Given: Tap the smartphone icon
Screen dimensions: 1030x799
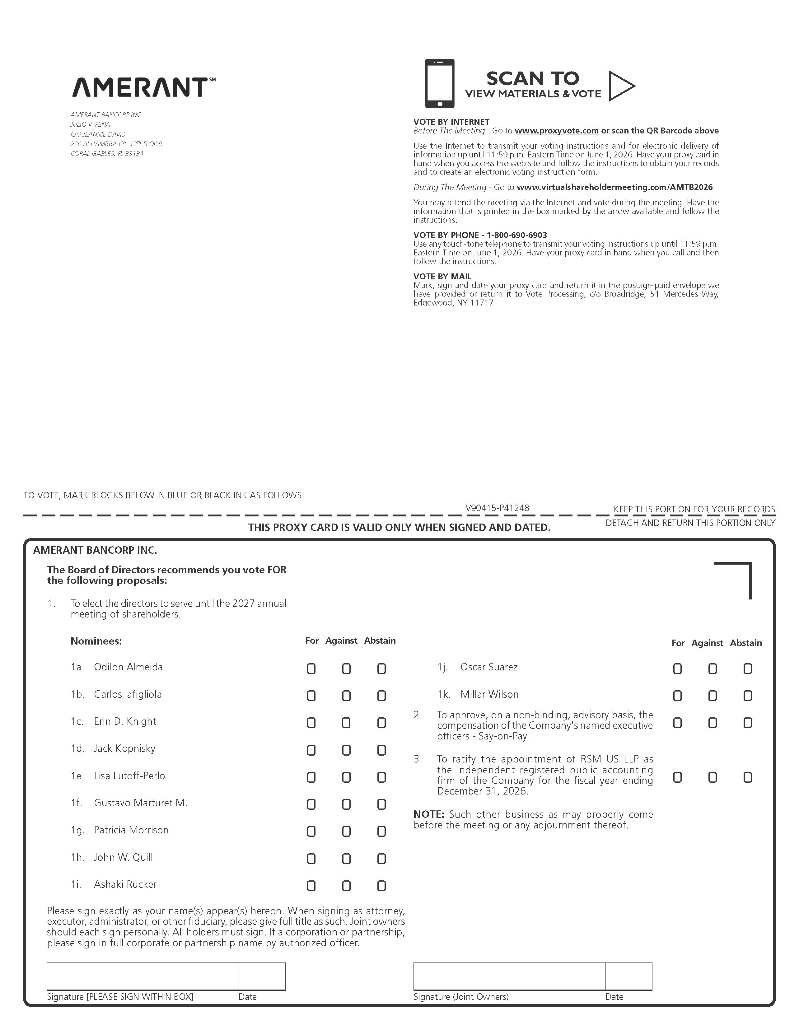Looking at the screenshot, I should pyautogui.click(x=440, y=83).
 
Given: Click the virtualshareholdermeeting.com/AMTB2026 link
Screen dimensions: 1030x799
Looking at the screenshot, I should pyautogui.click(x=614, y=187).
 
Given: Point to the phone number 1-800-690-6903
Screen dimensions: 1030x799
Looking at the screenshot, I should pyautogui.click(x=516, y=235).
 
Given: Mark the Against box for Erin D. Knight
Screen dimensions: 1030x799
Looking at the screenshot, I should pyautogui.click(x=346, y=723).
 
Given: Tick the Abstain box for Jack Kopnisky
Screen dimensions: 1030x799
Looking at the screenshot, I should pyautogui.click(x=381, y=750).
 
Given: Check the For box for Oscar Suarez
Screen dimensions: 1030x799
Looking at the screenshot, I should pyautogui.click(x=677, y=669).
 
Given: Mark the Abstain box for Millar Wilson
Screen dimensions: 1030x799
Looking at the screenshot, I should pyautogui.click(x=748, y=696).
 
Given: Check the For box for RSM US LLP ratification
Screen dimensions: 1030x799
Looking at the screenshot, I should pyautogui.click(x=677, y=777).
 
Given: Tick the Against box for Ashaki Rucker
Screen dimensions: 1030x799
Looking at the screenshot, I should pyautogui.click(x=346, y=886).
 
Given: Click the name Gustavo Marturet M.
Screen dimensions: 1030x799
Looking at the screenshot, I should pyautogui.click(x=141, y=803).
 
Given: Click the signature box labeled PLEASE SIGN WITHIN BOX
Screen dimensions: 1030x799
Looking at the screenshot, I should pyautogui.click(x=143, y=976).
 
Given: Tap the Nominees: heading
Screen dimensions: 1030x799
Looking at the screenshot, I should pyautogui.click(x=96, y=641).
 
